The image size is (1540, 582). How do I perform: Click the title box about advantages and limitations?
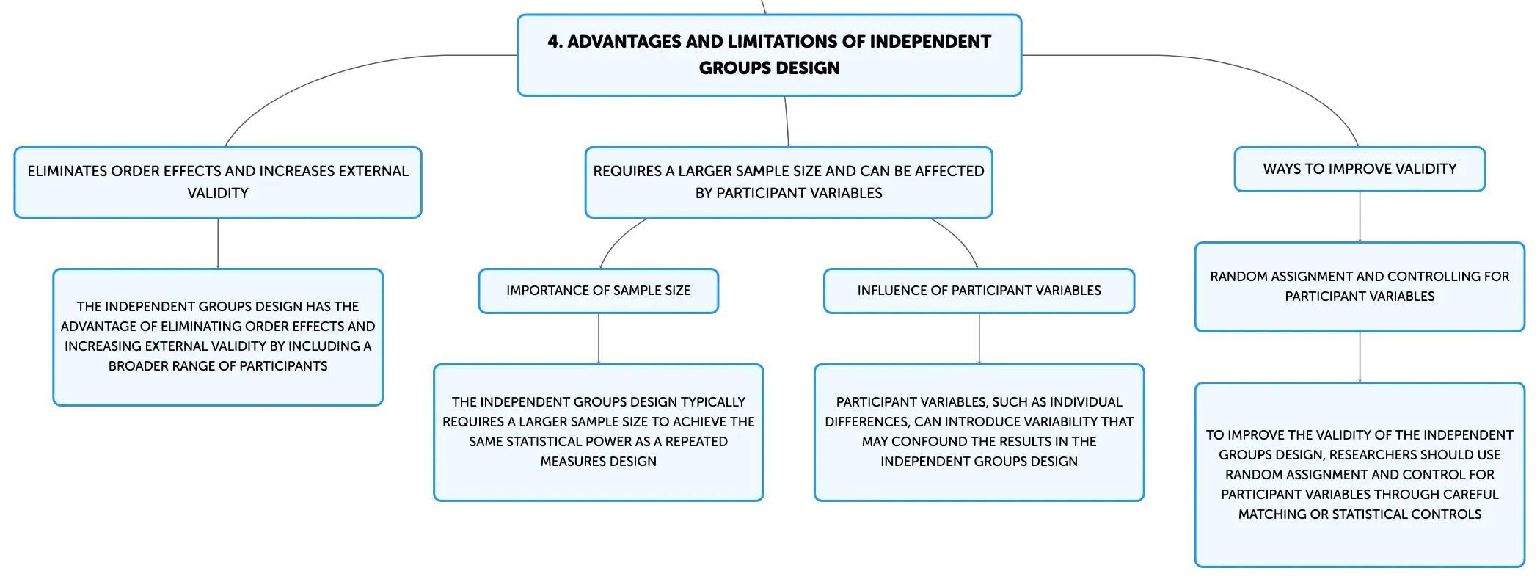click(x=769, y=55)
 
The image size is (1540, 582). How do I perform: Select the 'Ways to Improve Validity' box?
click(x=1360, y=169)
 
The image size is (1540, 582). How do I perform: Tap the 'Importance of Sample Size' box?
click(x=599, y=291)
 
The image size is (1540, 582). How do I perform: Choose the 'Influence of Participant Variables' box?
click(x=979, y=291)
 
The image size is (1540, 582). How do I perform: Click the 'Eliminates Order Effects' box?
click(x=218, y=182)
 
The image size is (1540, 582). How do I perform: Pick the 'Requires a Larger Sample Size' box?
click(x=789, y=182)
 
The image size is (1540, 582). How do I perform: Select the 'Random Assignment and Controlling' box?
click(x=1360, y=287)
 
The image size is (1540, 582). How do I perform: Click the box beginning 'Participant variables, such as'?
click(x=979, y=432)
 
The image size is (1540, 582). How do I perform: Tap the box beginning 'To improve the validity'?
click(x=1360, y=475)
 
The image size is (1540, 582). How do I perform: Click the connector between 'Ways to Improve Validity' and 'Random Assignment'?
click(x=1360, y=217)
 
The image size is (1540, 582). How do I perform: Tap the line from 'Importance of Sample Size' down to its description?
click(x=599, y=339)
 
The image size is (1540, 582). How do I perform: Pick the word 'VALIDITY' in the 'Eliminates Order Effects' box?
click(x=218, y=193)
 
